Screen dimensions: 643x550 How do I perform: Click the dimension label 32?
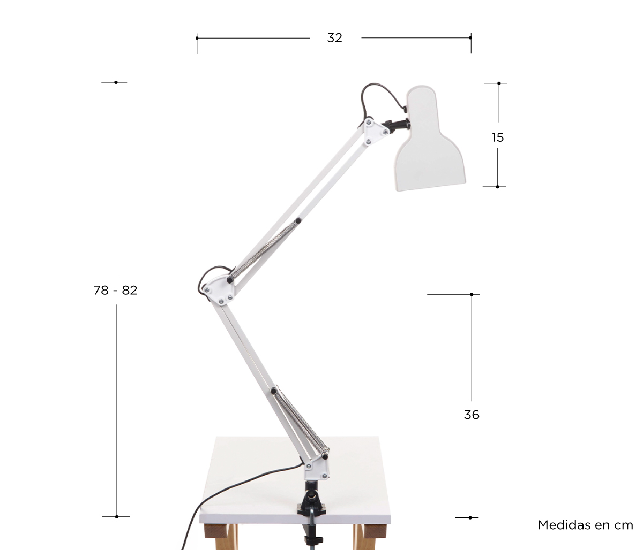334,38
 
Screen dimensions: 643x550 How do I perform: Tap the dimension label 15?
497,137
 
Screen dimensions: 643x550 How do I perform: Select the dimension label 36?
472,415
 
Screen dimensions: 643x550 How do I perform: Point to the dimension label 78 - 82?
115,291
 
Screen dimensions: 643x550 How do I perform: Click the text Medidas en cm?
586,525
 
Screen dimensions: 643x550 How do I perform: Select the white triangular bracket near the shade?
375,132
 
